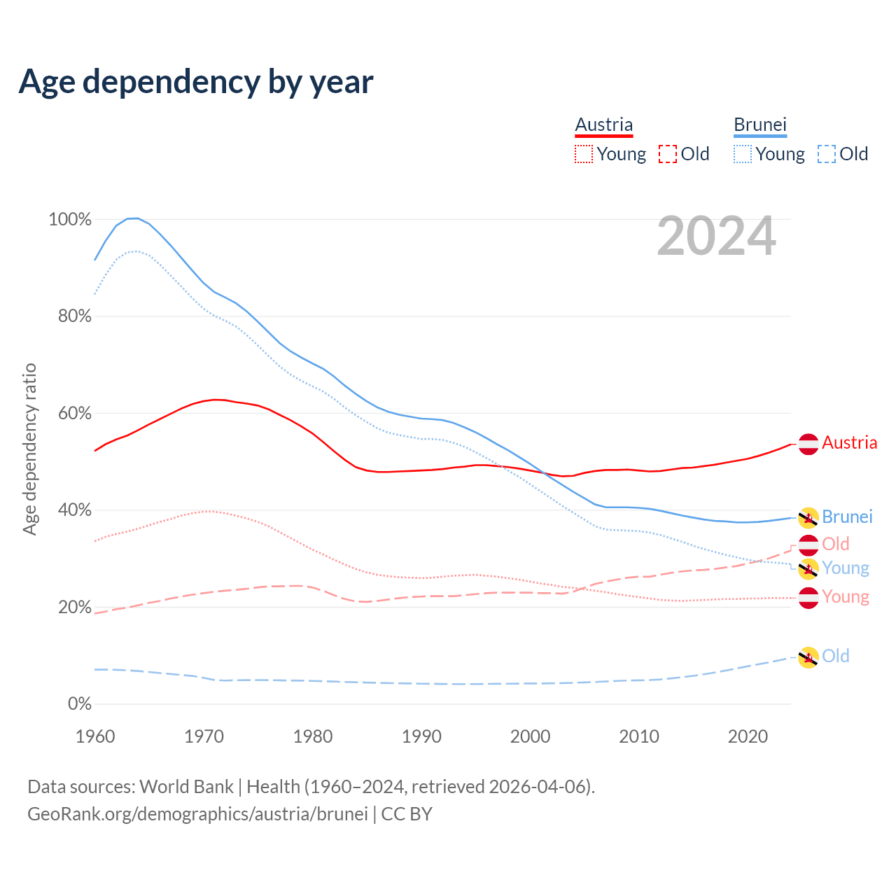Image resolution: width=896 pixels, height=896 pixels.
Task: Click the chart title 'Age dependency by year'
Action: (x=196, y=82)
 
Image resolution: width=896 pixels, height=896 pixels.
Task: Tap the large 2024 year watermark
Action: (x=716, y=237)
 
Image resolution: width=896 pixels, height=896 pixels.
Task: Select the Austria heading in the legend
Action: (x=603, y=125)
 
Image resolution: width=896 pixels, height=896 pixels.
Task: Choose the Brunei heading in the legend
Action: (x=760, y=125)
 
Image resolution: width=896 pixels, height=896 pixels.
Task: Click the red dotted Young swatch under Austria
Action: (x=583, y=154)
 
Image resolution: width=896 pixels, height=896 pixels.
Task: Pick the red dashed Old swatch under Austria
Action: (x=668, y=154)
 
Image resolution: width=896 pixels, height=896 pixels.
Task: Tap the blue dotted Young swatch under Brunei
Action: (x=743, y=154)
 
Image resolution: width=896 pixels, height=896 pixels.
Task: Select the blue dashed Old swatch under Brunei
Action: (x=827, y=154)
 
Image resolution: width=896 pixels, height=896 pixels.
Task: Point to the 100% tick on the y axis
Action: (x=70, y=220)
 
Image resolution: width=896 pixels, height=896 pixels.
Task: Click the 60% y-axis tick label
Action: (x=74, y=414)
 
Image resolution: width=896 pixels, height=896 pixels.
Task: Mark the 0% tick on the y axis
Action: (x=80, y=704)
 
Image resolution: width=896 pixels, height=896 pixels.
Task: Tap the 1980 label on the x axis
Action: (x=313, y=736)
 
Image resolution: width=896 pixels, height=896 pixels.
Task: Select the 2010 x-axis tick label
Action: (x=639, y=736)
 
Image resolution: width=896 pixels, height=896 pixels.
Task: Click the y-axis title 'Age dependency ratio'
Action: (x=29, y=449)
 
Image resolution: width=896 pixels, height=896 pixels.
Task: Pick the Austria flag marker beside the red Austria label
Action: (x=808, y=444)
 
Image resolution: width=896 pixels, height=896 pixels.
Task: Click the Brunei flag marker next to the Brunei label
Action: (x=808, y=518)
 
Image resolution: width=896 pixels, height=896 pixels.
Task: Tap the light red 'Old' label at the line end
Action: (x=836, y=544)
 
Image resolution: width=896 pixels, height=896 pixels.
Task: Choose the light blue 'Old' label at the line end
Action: (x=836, y=656)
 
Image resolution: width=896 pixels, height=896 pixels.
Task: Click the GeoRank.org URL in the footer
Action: (x=197, y=814)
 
